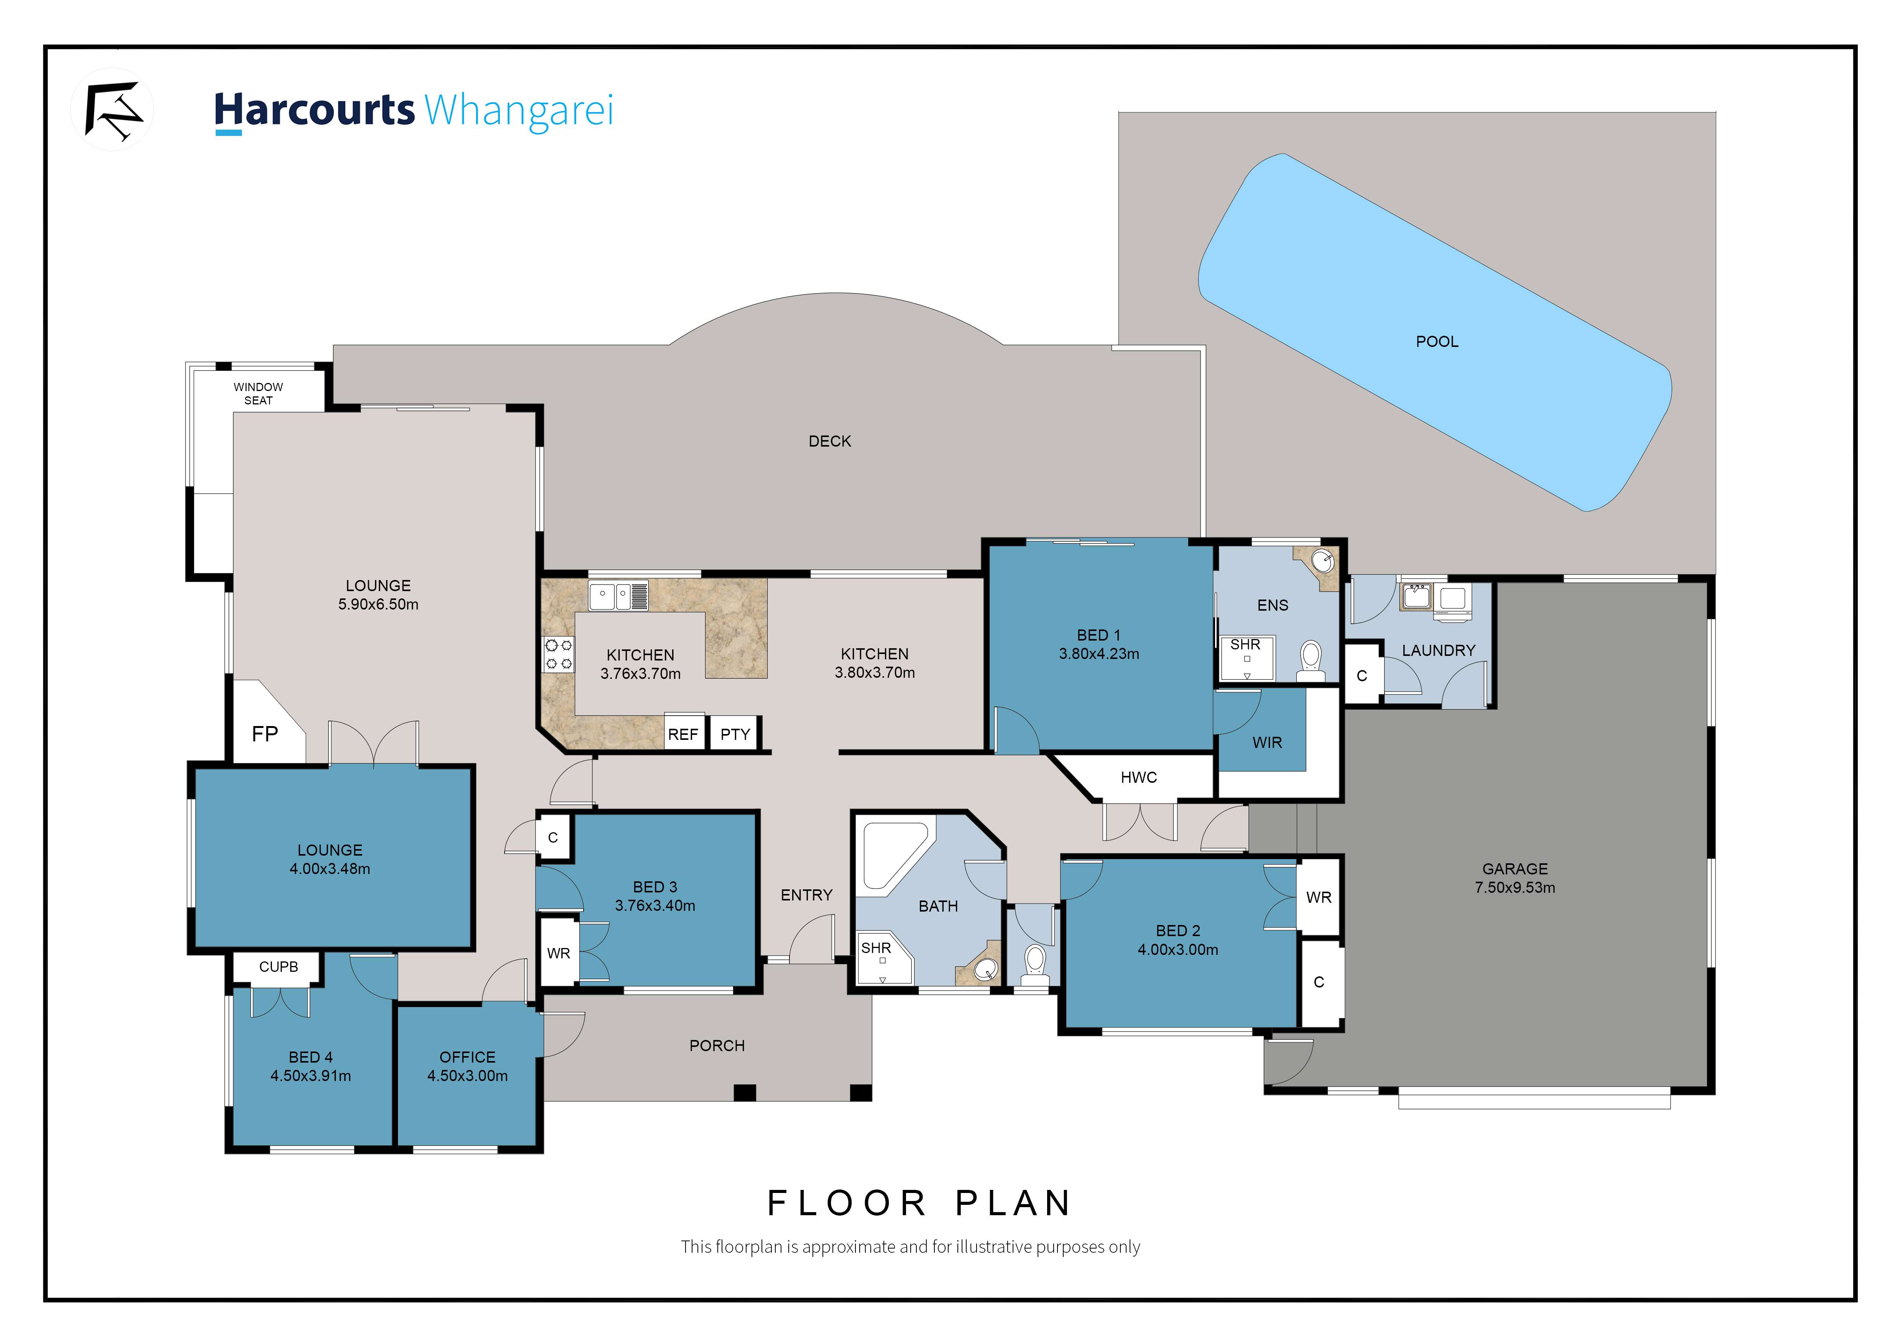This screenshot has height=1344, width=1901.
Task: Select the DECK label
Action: (x=830, y=441)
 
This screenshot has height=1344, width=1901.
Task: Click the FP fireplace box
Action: (x=265, y=733)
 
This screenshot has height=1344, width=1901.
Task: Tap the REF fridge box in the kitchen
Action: (x=683, y=734)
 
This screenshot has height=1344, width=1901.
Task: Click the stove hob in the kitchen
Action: (x=558, y=654)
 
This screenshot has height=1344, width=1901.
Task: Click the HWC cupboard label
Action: (x=1138, y=777)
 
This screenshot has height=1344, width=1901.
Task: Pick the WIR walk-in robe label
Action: (x=1267, y=743)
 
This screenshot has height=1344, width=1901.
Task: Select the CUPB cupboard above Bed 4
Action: (x=278, y=967)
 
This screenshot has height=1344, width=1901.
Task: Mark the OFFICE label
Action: (x=467, y=1057)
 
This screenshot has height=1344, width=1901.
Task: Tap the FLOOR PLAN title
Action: (x=919, y=1203)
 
